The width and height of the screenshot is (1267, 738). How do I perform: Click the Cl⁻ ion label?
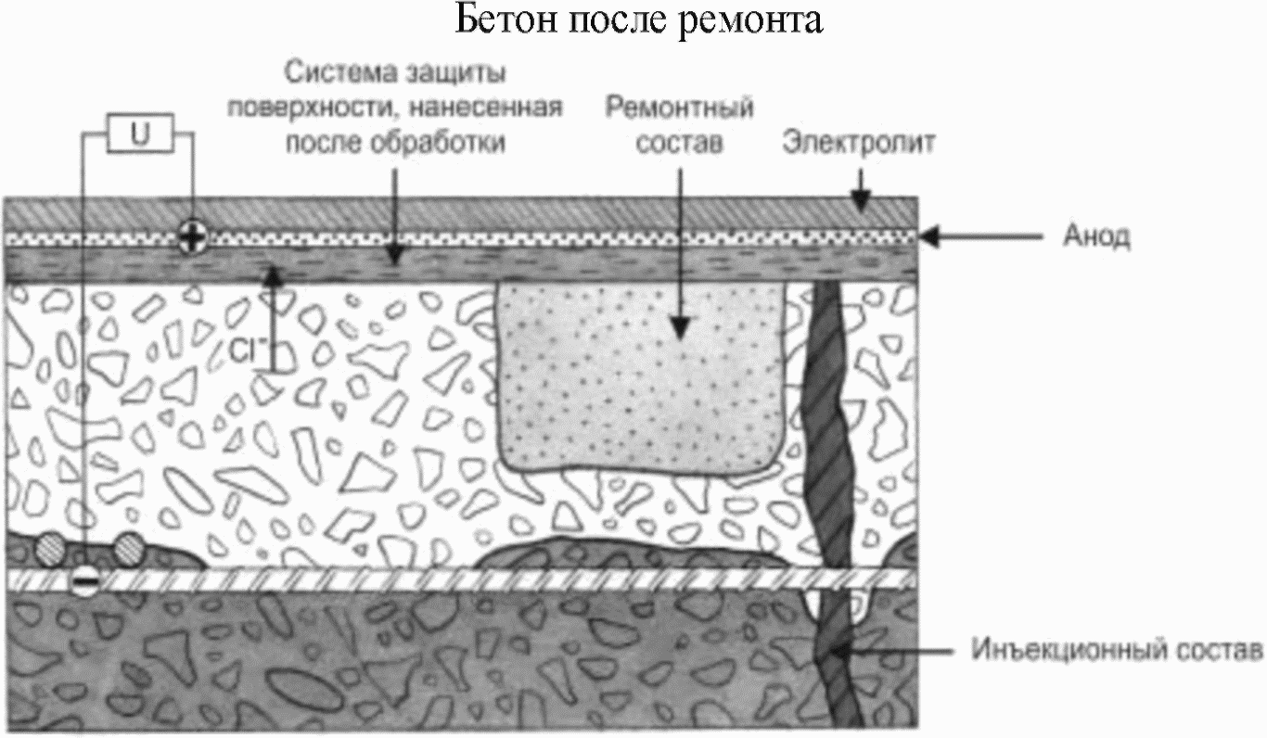point(249,352)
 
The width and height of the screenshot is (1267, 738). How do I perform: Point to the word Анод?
point(1095,237)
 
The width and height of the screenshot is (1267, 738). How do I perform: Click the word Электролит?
point(858,143)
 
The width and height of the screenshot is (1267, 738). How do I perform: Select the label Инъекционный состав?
point(1118,647)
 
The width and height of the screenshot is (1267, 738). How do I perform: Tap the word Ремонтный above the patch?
point(679,108)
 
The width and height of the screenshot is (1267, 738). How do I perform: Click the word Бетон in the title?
point(501,20)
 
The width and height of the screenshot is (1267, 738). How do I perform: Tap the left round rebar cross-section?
point(50,551)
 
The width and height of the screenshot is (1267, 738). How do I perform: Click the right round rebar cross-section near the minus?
point(129,549)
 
